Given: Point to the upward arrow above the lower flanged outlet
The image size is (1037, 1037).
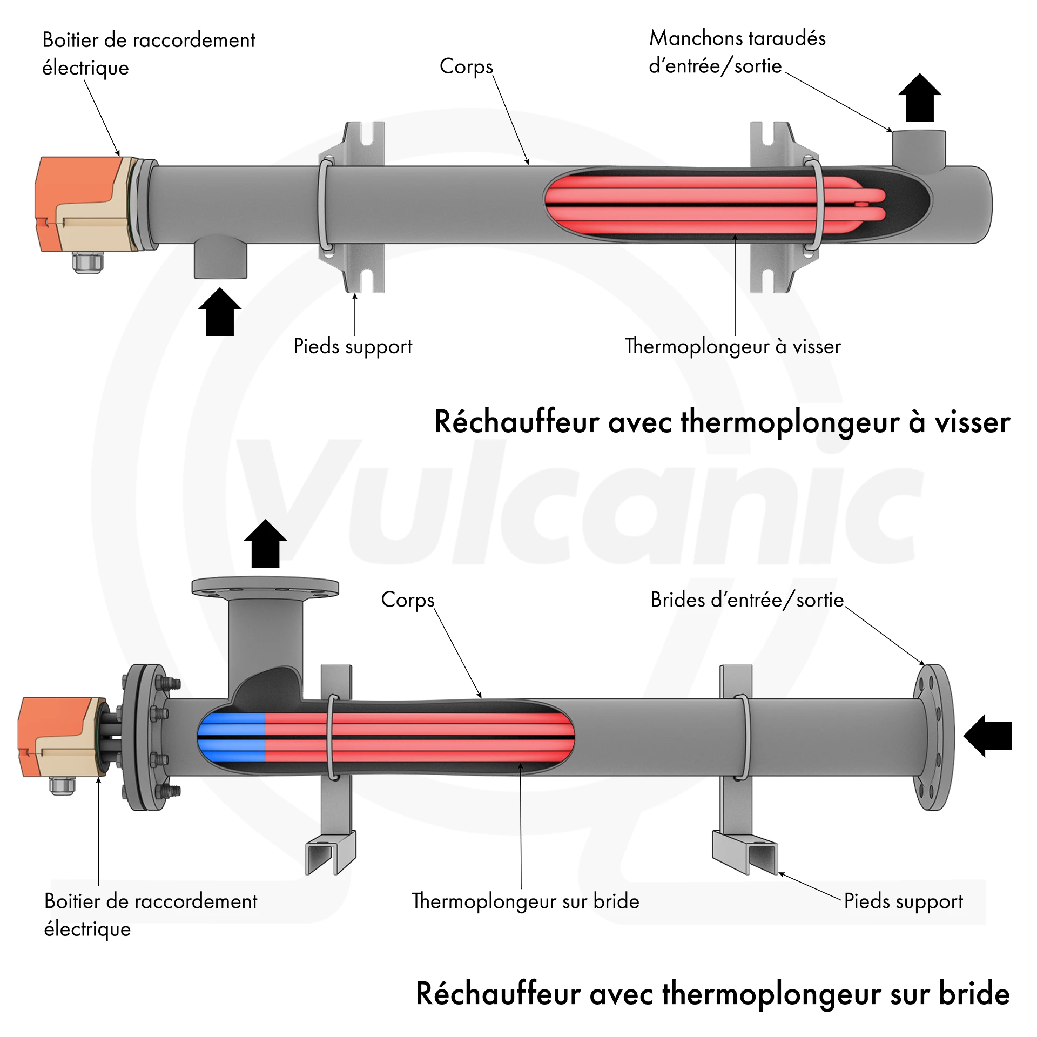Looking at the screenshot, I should pyautogui.click(x=265, y=544).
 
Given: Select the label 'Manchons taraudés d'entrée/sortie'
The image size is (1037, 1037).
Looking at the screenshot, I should pyautogui.click(x=737, y=52).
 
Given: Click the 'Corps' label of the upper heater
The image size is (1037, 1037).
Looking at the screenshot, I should pyautogui.click(x=466, y=66).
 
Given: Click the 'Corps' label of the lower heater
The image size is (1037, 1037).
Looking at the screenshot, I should pyautogui.click(x=408, y=600).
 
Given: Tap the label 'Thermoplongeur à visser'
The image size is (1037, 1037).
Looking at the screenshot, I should pyautogui.click(x=732, y=346).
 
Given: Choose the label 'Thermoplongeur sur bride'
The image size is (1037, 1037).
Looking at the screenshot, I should pyautogui.click(x=525, y=901).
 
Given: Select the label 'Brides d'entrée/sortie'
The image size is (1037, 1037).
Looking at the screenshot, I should pyautogui.click(x=747, y=600).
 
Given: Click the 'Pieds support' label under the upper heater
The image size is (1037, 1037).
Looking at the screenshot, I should pyautogui.click(x=353, y=346).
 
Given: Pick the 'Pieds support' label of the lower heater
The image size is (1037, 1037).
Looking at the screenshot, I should pyautogui.click(x=903, y=901).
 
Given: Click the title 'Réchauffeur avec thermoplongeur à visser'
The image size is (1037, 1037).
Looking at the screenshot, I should pyautogui.click(x=722, y=422).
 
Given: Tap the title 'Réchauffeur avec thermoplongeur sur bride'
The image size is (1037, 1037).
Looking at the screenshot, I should pyautogui.click(x=712, y=993).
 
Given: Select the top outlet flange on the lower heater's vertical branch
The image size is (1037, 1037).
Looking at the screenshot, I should pyautogui.click(x=265, y=587).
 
